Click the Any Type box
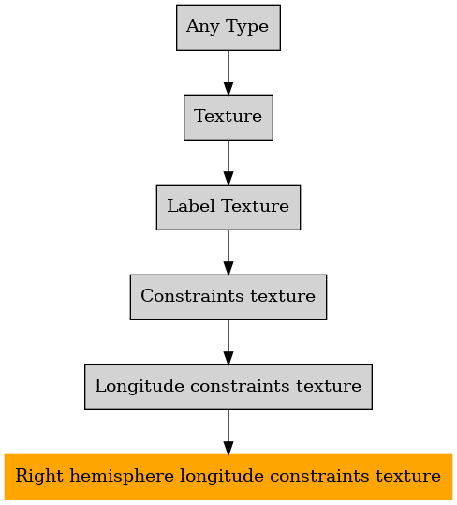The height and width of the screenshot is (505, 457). coord(228,27)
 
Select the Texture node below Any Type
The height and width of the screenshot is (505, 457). coord(228,117)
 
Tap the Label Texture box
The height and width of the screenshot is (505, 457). coord(228,207)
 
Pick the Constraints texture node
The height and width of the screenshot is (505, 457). coord(228,297)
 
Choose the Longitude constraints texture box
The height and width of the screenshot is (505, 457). coord(228,387)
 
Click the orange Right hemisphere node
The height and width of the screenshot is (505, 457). coord(228,477)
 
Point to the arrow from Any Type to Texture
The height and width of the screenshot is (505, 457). coord(228,72)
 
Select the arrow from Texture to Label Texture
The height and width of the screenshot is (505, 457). coord(228,162)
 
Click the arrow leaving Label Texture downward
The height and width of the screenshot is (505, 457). coord(228,252)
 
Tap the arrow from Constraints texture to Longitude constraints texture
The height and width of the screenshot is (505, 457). coord(228,342)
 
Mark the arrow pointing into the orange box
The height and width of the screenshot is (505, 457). coord(228,432)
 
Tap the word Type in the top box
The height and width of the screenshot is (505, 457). coord(247,27)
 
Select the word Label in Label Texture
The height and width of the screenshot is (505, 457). coord(191,206)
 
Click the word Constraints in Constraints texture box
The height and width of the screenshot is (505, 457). coord(192,296)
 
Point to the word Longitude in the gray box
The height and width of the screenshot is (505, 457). coord(140,387)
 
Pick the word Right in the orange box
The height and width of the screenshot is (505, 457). coord(39,477)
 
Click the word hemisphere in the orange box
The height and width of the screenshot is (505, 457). coord(122,477)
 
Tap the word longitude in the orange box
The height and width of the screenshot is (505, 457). coord(222,477)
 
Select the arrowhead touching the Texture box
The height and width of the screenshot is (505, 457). coord(228,89)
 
